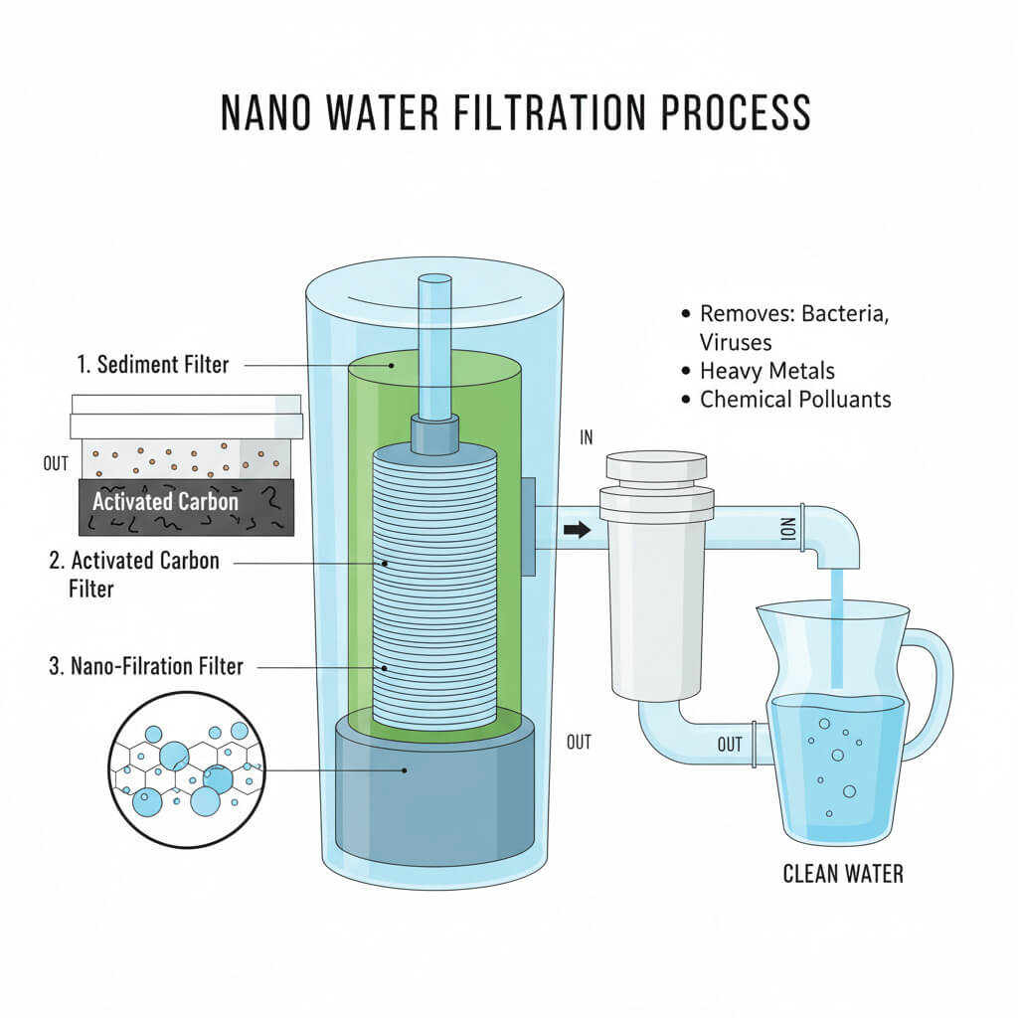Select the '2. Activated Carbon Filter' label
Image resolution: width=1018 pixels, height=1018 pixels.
point(133,574)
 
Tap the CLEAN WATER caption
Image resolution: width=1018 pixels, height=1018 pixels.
point(843,875)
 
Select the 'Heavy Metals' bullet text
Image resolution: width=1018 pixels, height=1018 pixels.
point(767,371)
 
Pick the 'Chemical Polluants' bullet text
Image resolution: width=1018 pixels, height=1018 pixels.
point(795,400)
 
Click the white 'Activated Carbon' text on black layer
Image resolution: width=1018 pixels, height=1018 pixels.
point(166,501)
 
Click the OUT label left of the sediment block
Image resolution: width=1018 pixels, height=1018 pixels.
point(56,465)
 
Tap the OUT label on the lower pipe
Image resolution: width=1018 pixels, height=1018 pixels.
point(730,745)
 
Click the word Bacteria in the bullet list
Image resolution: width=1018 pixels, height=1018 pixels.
point(843,314)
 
